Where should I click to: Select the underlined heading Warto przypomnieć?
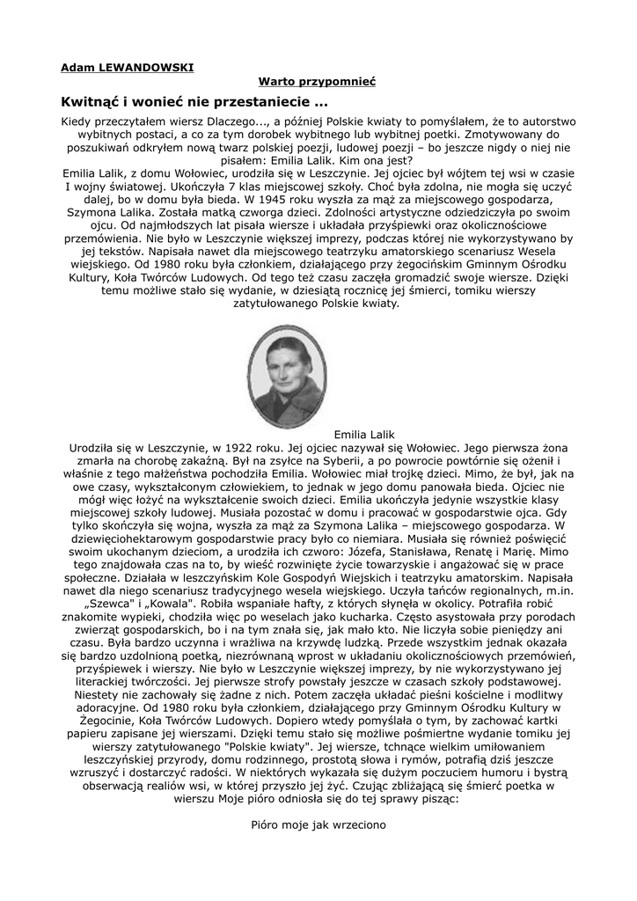point(318,81)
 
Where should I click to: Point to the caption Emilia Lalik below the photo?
point(365,435)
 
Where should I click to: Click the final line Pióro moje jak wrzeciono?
point(318,824)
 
